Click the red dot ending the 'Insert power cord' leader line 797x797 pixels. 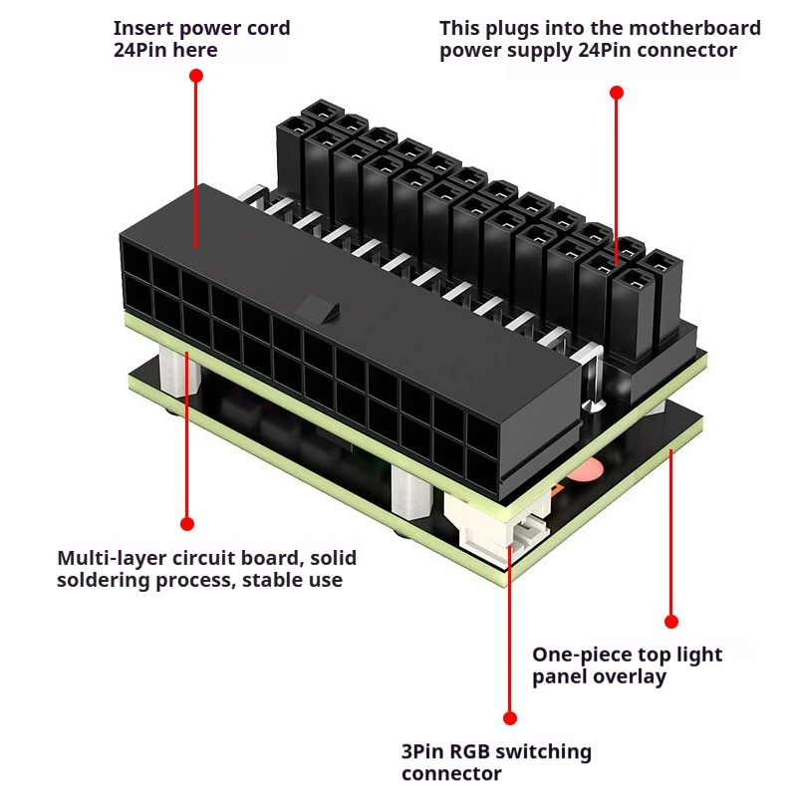coord(196,77)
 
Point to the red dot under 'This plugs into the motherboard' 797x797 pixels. coord(616,92)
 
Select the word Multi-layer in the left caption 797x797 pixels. coord(112,558)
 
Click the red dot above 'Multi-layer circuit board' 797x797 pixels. coord(187,523)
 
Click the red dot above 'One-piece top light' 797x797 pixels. coord(670,621)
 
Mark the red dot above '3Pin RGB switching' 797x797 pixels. coord(510,717)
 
